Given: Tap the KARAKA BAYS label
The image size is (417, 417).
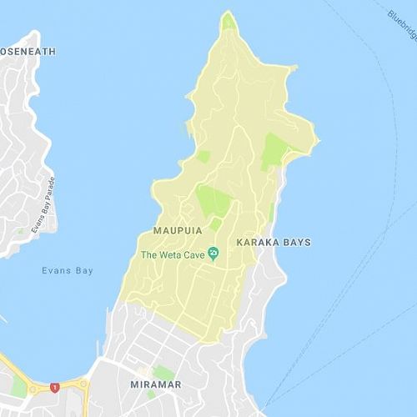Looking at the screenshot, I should [x=274, y=243].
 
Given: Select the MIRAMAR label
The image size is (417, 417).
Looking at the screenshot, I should [x=157, y=384].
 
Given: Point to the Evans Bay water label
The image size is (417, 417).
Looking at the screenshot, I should [x=68, y=270].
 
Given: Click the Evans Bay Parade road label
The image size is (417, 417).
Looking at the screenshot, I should [x=43, y=205].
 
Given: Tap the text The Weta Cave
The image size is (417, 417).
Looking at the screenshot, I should [x=173, y=254].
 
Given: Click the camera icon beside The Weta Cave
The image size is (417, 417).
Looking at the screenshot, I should [x=214, y=254].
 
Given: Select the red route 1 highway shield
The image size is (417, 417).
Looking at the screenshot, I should [x=55, y=387].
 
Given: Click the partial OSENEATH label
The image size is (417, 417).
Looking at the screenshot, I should [x=28, y=52].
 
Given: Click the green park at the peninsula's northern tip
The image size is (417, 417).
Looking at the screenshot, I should [x=228, y=23].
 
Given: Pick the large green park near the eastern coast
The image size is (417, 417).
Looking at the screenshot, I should [x=274, y=150].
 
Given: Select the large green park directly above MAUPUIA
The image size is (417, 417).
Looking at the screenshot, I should [x=214, y=201].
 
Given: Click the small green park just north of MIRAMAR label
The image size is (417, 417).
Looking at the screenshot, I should [x=163, y=372].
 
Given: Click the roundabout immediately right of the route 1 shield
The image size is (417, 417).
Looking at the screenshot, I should [x=83, y=384].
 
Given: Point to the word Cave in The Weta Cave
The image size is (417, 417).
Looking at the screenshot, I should [x=195, y=254].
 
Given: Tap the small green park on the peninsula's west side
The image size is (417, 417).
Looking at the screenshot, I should [x=203, y=156].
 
